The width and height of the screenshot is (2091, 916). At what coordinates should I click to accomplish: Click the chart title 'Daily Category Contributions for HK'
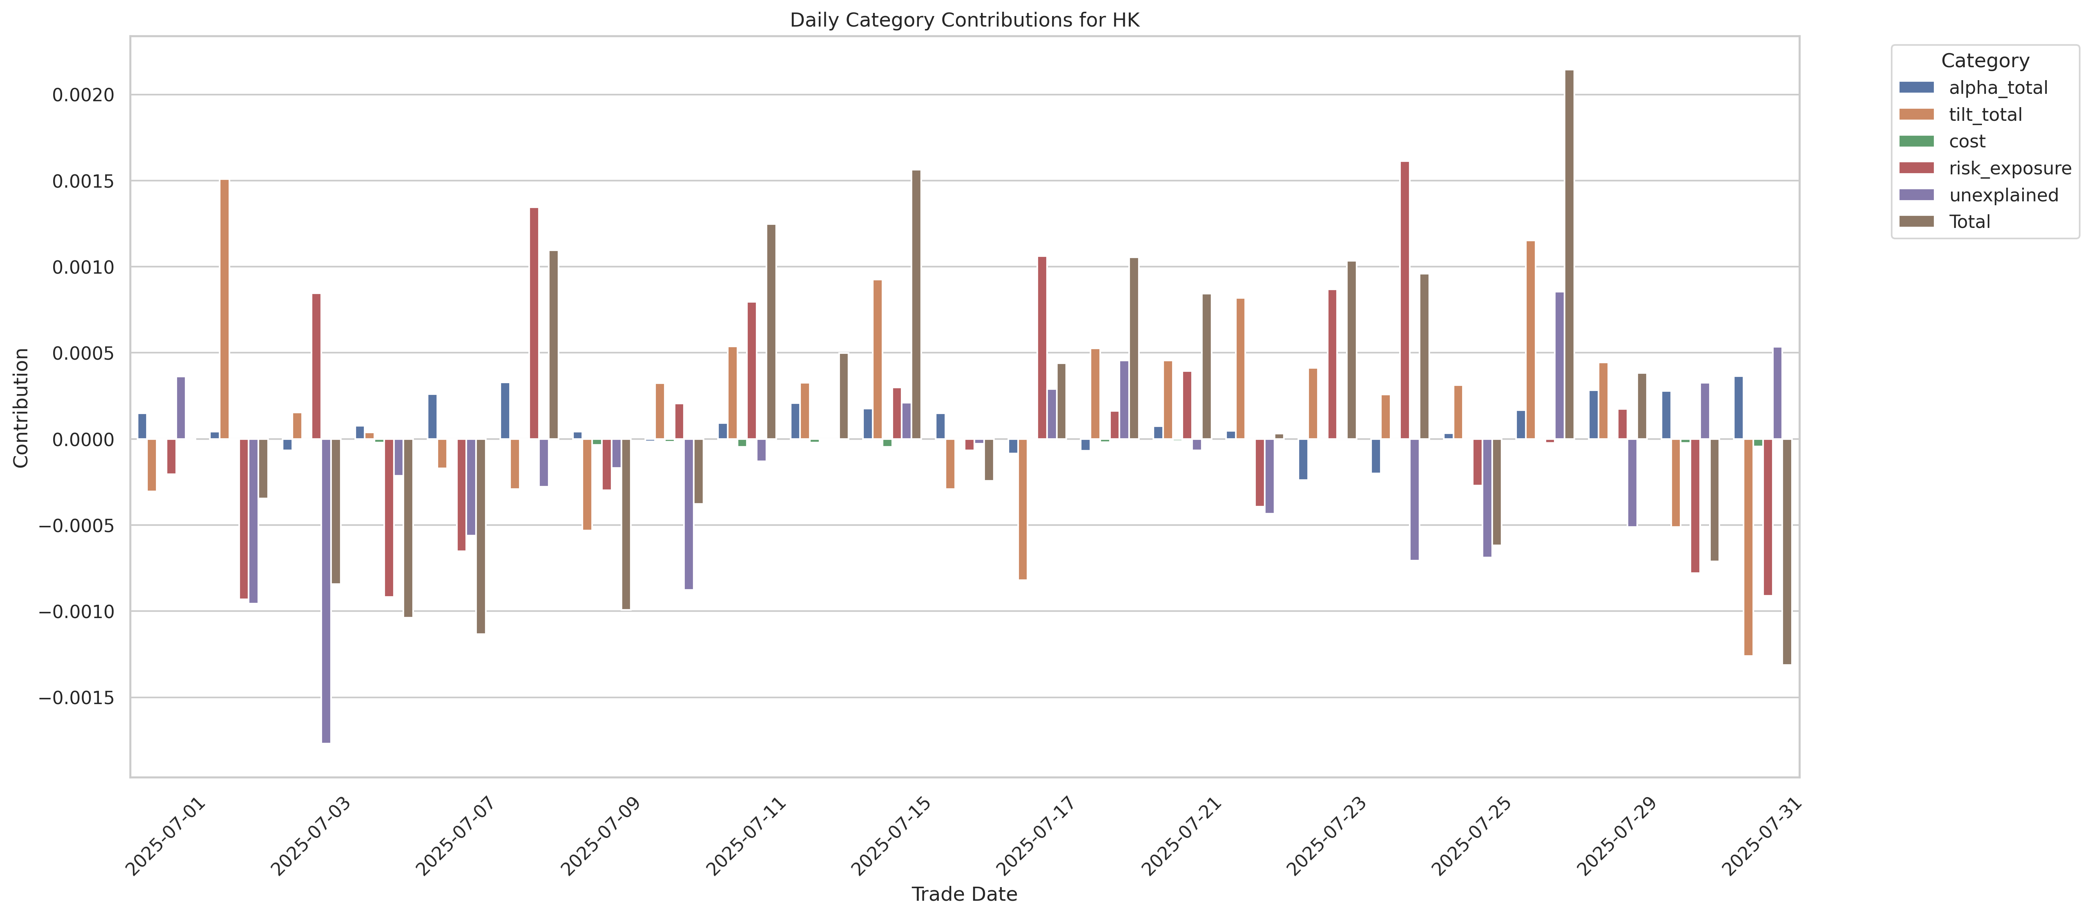pos(964,20)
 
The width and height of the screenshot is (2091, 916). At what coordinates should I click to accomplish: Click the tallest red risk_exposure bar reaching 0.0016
pos(1404,301)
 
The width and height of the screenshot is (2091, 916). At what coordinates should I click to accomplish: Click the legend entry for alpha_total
pos(1998,88)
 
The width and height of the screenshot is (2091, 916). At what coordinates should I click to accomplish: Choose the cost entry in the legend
pos(1967,141)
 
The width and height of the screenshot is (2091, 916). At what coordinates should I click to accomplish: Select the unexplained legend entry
pos(2003,195)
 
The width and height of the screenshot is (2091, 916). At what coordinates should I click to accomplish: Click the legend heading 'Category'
pos(1985,61)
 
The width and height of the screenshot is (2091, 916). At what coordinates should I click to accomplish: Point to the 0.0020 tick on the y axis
pos(84,95)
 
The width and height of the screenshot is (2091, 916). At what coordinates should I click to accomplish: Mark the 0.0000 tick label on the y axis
pos(84,439)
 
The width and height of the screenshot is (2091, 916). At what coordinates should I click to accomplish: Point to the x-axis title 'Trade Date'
pos(964,894)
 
